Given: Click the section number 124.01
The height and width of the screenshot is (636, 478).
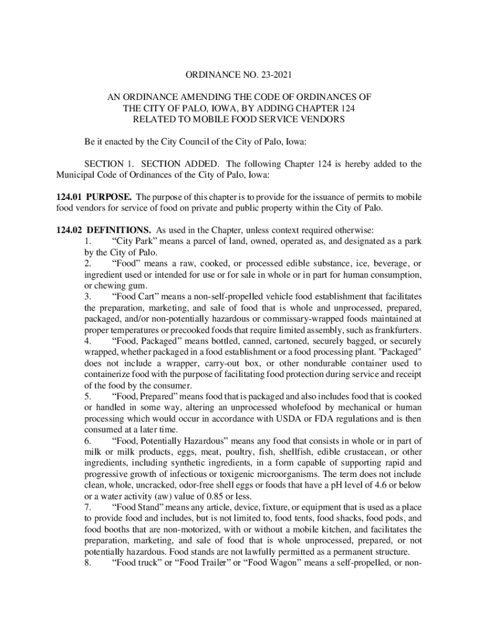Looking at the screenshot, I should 69,197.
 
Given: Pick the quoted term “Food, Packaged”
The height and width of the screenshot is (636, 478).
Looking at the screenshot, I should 147,341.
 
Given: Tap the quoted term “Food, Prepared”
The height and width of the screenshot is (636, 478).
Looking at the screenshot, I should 147,396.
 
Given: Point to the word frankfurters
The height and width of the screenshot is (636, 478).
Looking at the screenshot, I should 395,330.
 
